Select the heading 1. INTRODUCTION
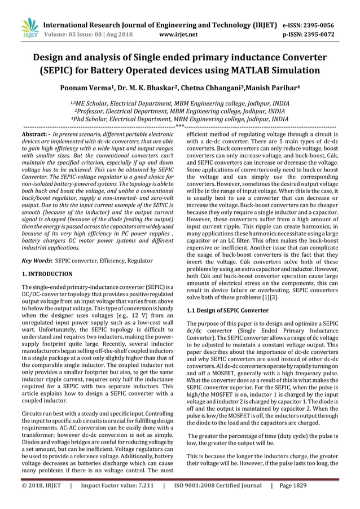pos(47,274)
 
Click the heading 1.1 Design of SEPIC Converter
pos(227,310)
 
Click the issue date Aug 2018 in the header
pos(118,34)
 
